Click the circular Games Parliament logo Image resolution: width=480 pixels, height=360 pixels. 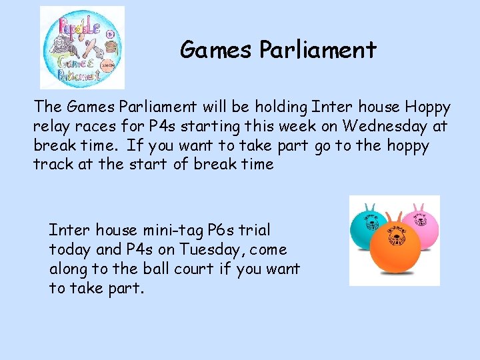click(82, 47)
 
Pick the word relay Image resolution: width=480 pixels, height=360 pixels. click(52, 126)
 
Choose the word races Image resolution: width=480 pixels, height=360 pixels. click(100, 126)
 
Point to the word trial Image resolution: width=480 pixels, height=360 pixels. click(256, 230)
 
